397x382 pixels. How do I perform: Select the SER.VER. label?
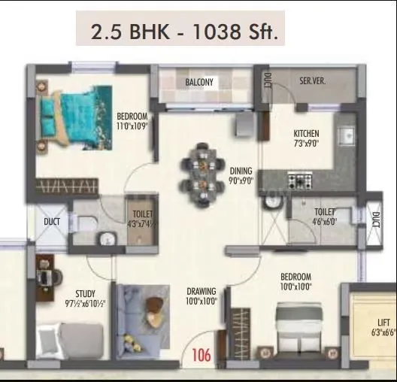tap(311, 80)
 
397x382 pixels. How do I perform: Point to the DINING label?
tap(241, 171)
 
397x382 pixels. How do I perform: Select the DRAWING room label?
tap(202, 291)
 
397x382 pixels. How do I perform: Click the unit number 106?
tap(202, 354)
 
